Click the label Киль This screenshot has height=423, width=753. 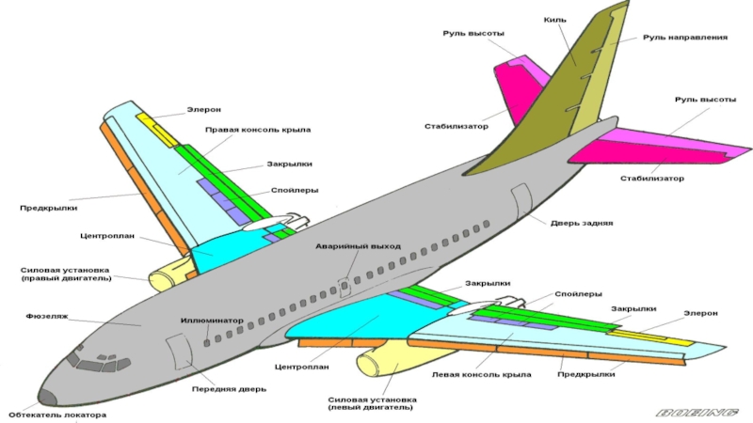click(x=554, y=19)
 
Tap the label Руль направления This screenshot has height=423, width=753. click(x=684, y=38)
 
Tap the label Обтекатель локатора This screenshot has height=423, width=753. click(x=57, y=414)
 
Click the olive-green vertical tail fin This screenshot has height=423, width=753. click(x=555, y=103)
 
